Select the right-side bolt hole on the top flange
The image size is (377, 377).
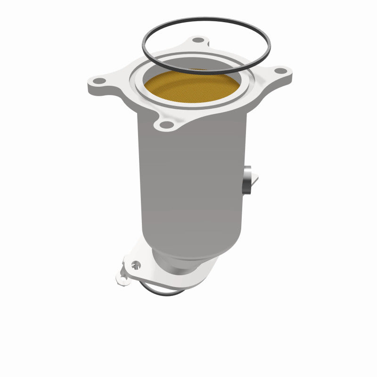click(280, 71)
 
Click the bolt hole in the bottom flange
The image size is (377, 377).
click(136, 264)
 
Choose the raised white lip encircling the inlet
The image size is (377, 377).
click(141, 94)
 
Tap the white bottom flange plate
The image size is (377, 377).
click(198, 278)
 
